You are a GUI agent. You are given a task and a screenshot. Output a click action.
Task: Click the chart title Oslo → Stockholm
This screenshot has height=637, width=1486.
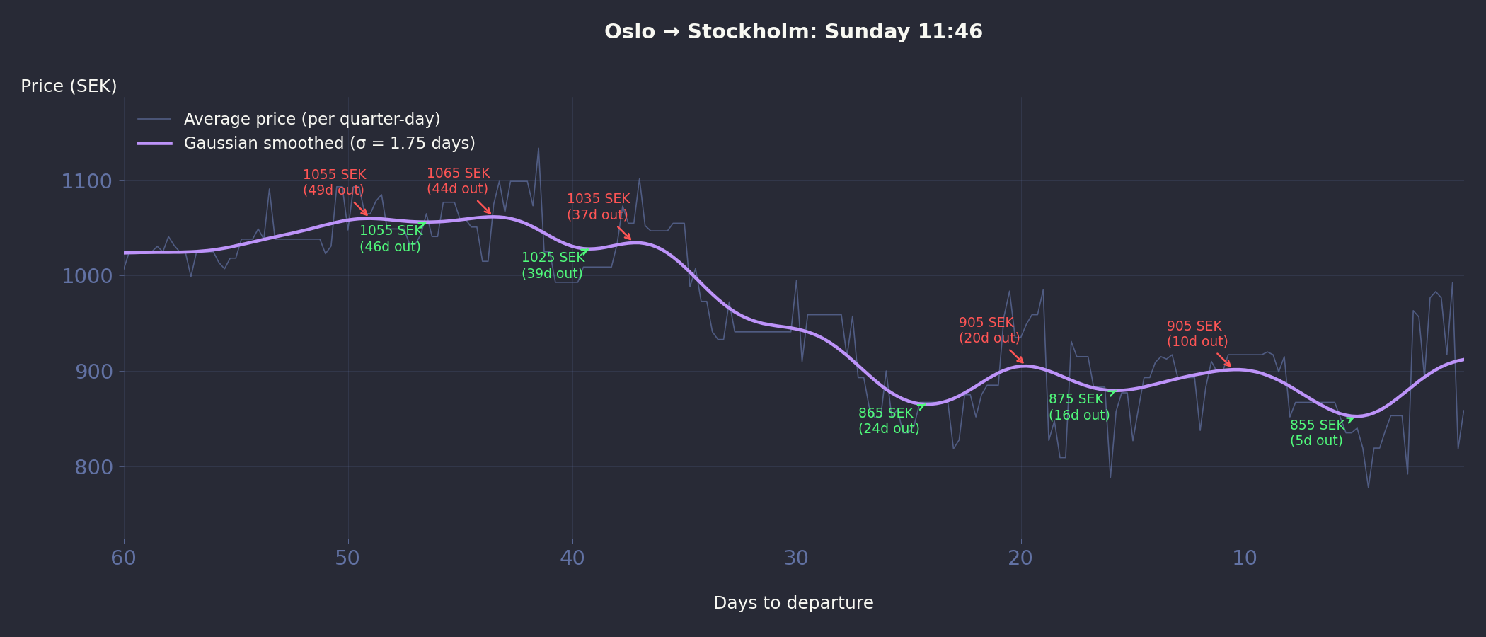tap(793, 32)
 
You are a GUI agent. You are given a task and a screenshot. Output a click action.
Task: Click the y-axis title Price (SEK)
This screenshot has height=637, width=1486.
tap(69, 86)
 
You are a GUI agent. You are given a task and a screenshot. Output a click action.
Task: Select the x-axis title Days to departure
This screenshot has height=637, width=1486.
tap(793, 603)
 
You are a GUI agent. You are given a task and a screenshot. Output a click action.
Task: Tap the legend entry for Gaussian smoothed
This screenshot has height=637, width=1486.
tap(329, 144)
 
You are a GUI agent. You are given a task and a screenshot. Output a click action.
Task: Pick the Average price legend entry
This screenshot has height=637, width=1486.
tap(311, 119)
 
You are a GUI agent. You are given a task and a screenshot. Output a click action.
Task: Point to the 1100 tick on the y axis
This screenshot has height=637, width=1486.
tap(86, 181)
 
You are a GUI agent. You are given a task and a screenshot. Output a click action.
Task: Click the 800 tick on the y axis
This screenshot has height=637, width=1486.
tap(93, 467)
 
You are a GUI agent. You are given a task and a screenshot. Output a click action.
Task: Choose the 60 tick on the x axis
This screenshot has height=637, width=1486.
tap(124, 558)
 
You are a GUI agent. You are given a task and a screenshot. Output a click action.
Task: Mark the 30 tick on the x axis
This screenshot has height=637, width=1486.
tap(796, 558)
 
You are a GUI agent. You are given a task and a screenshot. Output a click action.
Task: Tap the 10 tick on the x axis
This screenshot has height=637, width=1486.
tap(1245, 558)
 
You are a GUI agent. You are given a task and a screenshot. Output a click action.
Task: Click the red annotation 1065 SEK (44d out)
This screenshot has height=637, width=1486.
tap(458, 181)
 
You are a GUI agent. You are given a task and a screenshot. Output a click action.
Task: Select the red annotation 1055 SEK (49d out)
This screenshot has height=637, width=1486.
tap(334, 183)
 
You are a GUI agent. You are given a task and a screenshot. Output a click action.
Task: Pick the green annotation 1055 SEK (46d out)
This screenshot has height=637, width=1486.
tap(391, 239)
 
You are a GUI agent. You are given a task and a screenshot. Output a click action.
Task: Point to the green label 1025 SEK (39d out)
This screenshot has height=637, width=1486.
tap(553, 265)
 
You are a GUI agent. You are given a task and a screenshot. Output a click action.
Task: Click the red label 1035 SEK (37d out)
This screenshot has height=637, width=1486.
tap(598, 207)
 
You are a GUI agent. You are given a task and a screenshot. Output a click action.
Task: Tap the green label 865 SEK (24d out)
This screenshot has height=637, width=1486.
tap(889, 421)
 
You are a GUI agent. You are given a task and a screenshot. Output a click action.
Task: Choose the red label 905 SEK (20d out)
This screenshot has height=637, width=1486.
tap(989, 331)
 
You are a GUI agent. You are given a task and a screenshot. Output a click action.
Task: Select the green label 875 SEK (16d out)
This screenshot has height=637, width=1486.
tap(1079, 407)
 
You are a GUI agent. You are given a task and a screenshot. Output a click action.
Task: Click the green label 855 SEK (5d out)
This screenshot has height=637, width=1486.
tap(1317, 433)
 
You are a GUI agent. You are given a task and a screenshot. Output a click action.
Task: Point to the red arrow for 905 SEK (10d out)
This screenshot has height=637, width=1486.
tap(1224, 360)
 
